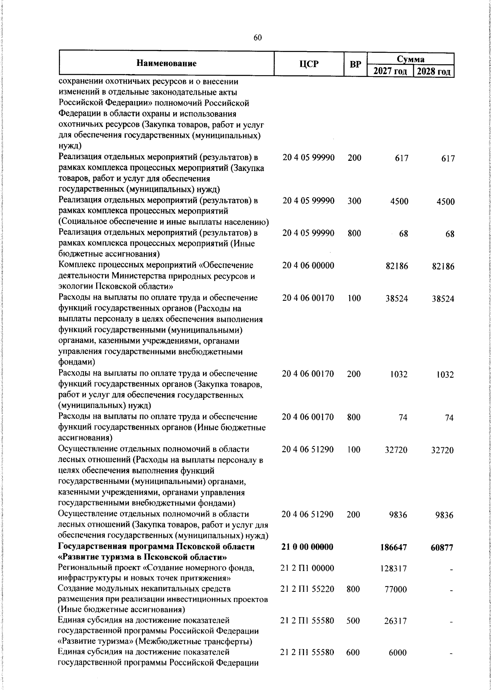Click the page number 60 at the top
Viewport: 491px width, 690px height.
point(257,38)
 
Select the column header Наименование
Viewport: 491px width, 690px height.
point(166,63)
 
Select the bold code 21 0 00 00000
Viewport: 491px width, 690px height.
point(307,547)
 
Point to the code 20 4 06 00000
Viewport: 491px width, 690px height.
point(308,266)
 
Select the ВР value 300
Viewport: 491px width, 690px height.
point(354,201)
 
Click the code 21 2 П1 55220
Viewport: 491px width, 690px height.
point(307,589)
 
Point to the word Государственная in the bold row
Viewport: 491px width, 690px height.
point(87,547)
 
